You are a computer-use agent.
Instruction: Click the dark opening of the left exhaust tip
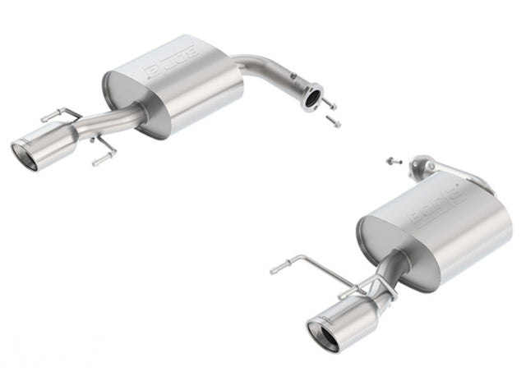24,156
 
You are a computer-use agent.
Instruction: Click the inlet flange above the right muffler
423,163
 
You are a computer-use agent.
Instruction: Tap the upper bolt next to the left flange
328,103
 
